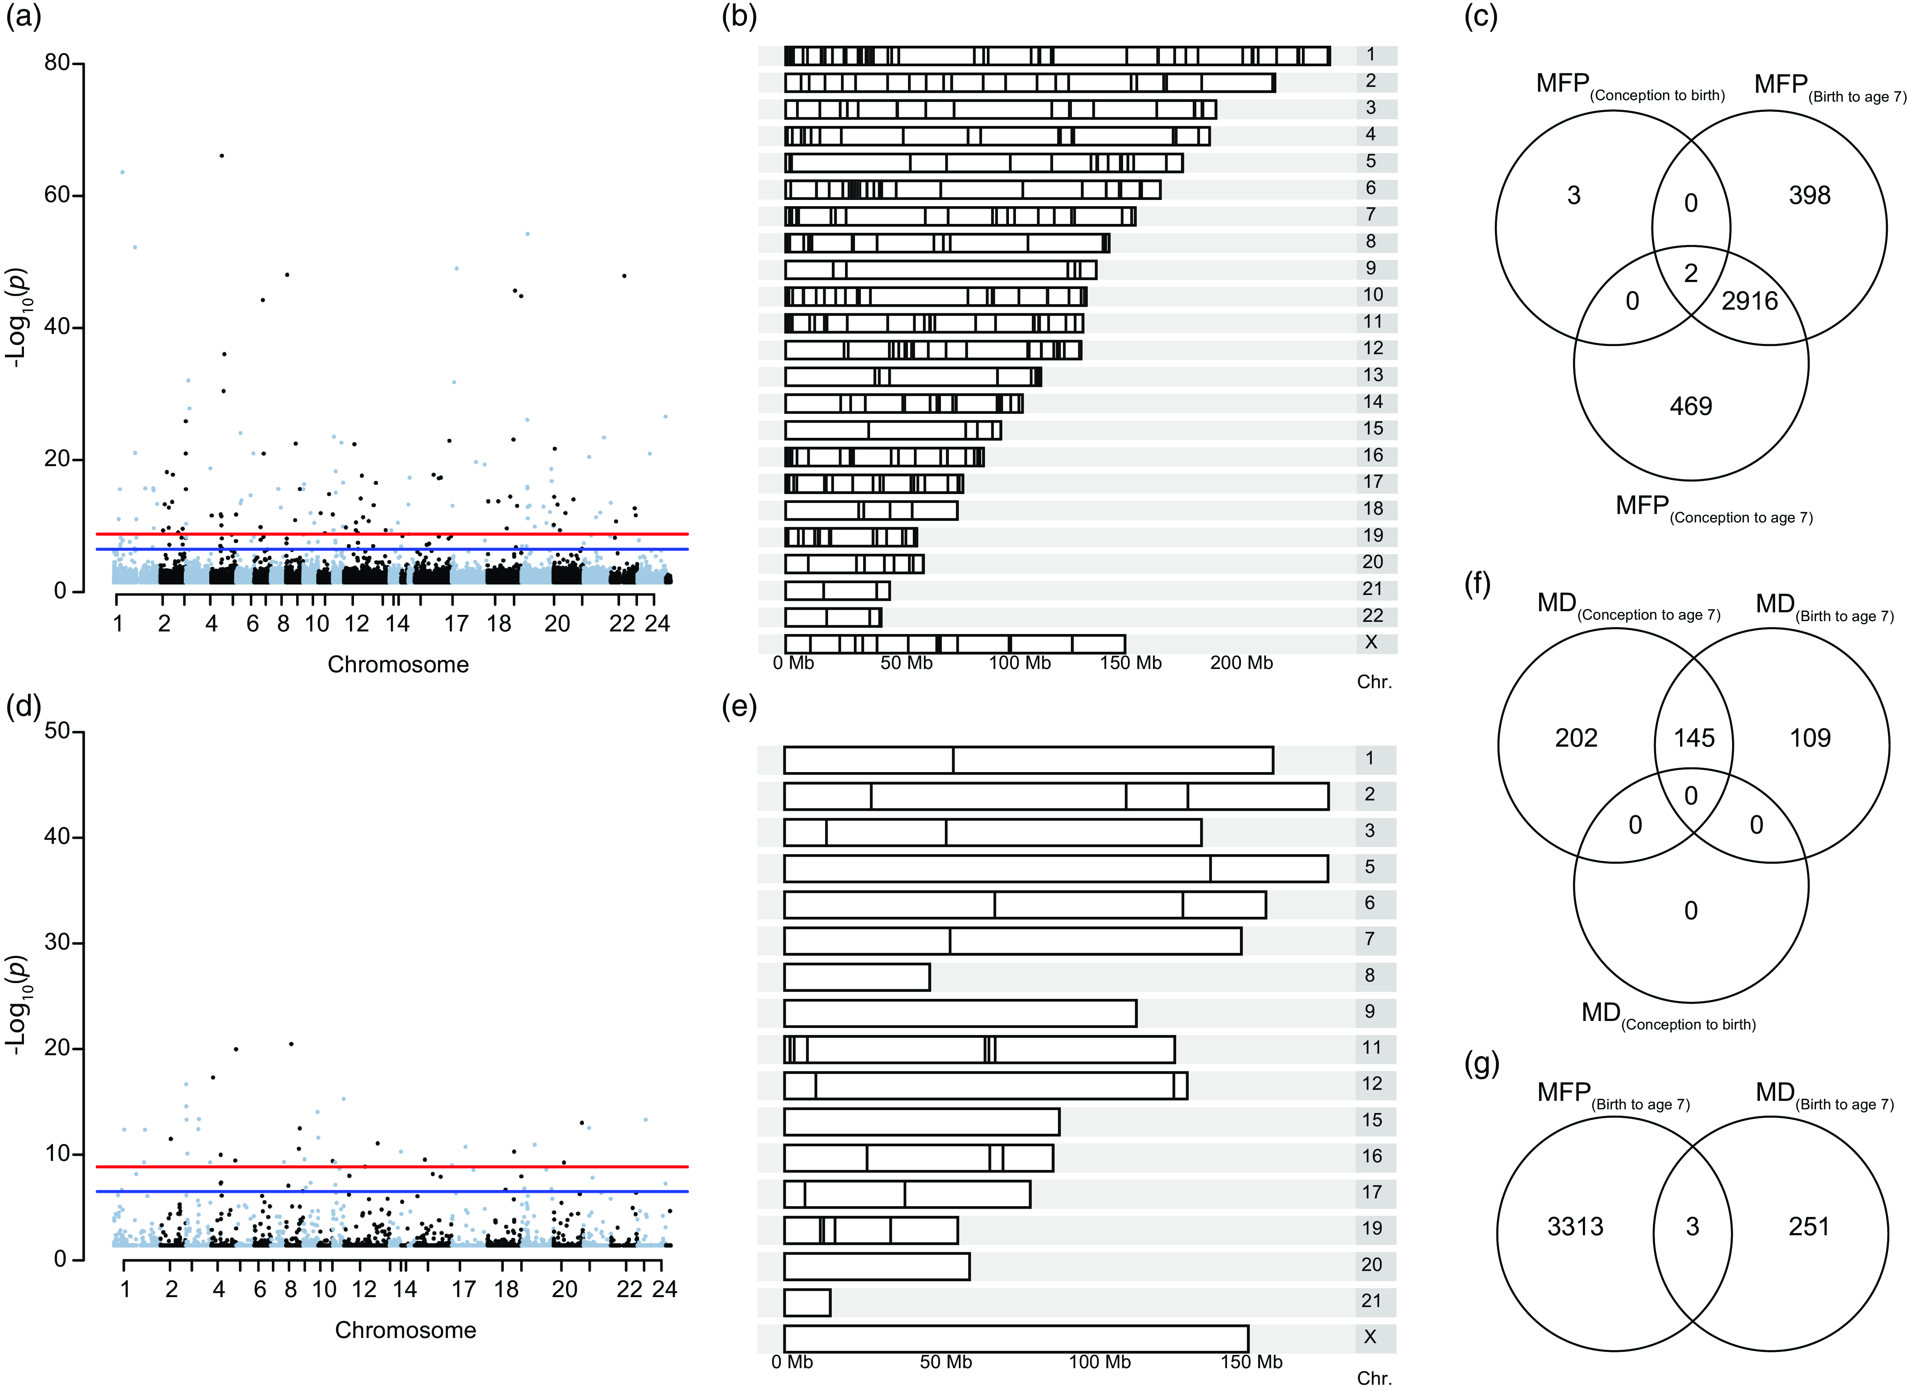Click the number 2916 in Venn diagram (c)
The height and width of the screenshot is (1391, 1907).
click(1749, 302)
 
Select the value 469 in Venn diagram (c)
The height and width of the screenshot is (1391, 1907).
click(1690, 407)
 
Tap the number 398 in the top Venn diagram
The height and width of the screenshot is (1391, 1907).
click(1809, 196)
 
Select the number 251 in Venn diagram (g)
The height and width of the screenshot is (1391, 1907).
click(1808, 1227)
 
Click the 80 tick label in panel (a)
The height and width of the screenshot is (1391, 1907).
click(57, 63)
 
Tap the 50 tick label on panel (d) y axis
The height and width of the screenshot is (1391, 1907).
click(57, 731)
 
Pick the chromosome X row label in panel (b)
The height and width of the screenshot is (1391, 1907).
click(1370, 642)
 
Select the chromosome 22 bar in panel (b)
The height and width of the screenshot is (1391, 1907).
click(832, 617)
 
